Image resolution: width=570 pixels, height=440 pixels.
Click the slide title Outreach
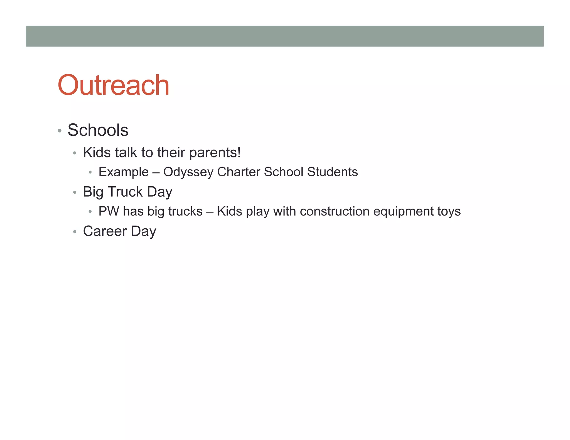point(113,85)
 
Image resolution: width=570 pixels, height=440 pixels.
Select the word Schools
point(98,130)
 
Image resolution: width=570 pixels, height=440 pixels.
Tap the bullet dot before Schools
point(60,131)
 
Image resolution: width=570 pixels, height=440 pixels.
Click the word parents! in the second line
point(215,153)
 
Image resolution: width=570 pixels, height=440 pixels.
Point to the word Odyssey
point(188,172)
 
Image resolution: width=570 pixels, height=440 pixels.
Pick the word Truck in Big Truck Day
point(125,192)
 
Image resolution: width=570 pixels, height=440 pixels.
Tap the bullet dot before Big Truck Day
point(75,192)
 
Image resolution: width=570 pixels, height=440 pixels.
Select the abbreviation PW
point(109,211)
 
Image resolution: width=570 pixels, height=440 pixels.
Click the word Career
point(105,231)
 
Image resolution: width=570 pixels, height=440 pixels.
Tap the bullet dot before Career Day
point(75,232)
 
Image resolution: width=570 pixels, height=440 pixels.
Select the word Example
point(124,172)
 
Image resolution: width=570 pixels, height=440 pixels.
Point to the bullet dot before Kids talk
point(75,153)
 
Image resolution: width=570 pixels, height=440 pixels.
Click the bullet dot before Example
point(90,172)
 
